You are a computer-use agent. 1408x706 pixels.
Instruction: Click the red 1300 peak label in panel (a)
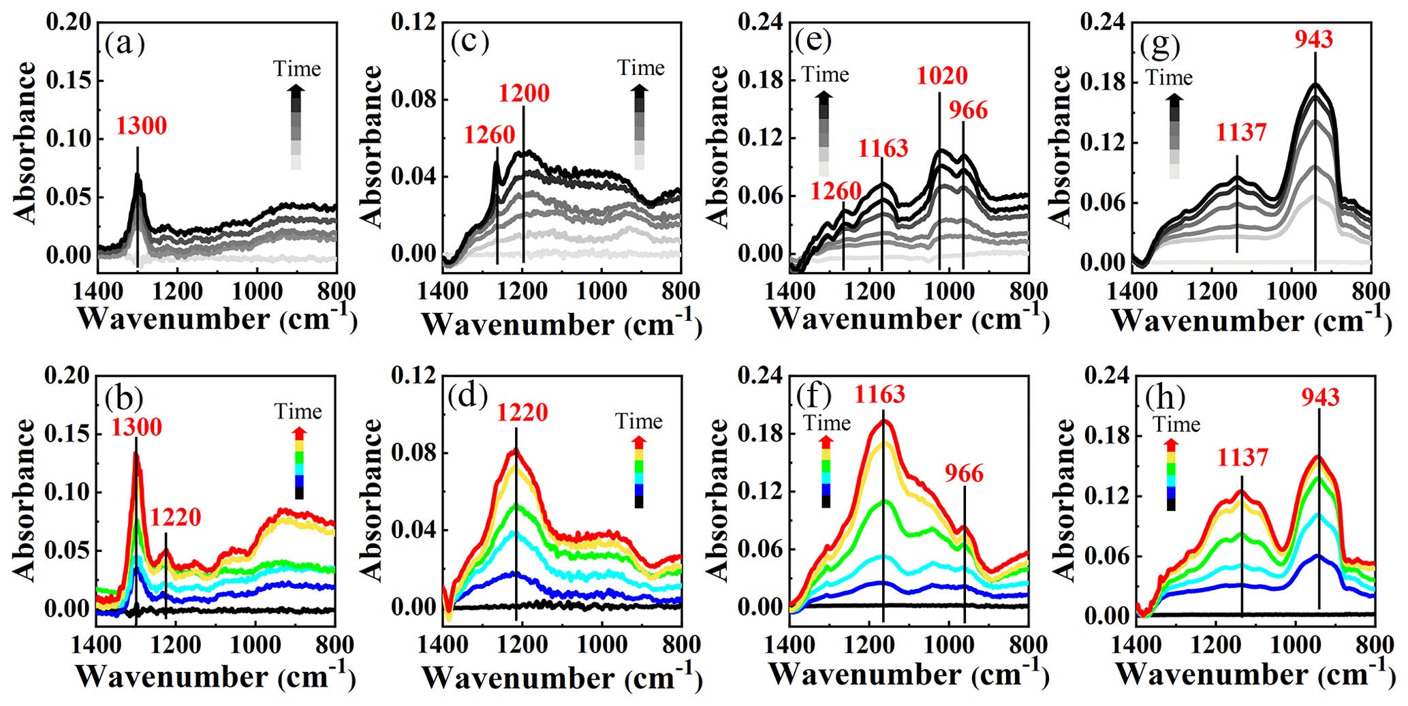[x=141, y=126]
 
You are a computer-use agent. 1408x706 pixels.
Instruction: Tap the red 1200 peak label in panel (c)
[x=524, y=93]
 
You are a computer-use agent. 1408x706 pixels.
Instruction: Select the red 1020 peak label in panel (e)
[x=942, y=76]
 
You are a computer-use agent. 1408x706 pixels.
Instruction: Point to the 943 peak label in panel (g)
[x=1314, y=40]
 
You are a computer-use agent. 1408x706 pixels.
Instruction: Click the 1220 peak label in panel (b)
[x=176, y=518]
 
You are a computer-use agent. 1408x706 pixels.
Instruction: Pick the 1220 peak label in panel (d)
[x=522, y=413]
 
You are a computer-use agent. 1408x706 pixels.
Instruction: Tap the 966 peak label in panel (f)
[x=965, y=474]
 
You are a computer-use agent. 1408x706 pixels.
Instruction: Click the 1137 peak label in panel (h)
[x=1243, y=458]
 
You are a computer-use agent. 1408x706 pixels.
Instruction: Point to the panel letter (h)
[x=1165, y=397]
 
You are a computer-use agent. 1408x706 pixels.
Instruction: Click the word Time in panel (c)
[x=641, y=68]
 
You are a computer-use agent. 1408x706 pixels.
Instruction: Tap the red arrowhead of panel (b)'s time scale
[x=299, y=433]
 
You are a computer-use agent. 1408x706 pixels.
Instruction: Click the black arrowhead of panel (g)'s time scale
[x=1174, y=99]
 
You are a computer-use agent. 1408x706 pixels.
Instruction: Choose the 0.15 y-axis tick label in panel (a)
[x=69, y=81]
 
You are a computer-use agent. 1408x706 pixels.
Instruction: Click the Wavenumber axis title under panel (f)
[x=909, y=675]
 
